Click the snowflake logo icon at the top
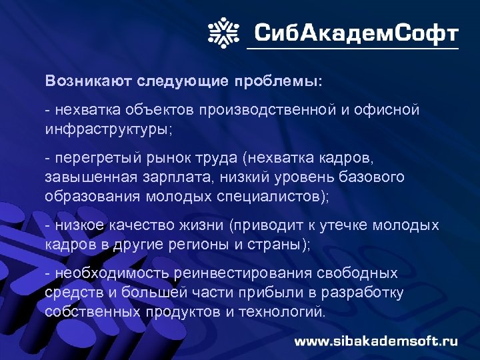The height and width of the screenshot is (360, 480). (223, 32)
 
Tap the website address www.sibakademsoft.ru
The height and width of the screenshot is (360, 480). (377, 341)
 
